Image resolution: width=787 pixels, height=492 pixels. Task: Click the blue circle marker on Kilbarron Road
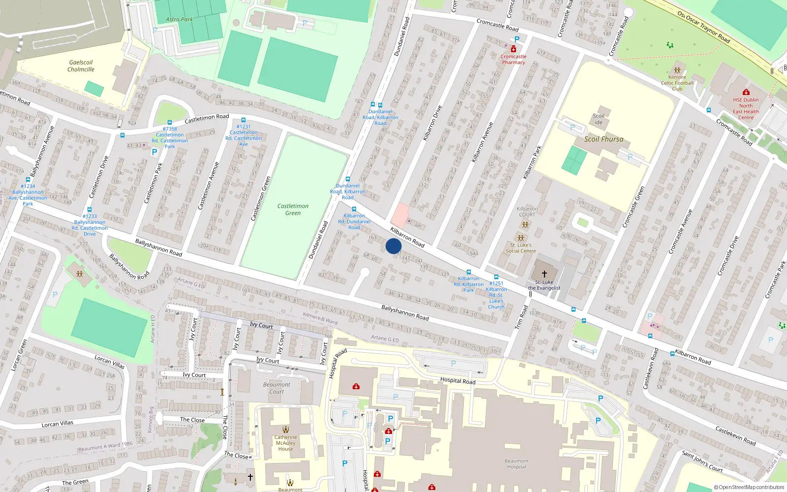393,246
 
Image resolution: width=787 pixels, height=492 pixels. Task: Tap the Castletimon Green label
293,210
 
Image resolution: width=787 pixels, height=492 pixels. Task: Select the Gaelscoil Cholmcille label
81,66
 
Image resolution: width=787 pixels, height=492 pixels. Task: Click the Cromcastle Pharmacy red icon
514,49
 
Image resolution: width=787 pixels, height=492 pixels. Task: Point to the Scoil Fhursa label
604,139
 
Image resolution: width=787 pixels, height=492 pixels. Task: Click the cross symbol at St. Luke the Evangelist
545,274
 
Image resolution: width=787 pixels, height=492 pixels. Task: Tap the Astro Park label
180,19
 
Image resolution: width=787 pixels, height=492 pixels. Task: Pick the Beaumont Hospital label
516,464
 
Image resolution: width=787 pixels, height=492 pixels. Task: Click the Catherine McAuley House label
285,443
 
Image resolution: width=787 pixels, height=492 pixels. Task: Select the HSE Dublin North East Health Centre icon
746,92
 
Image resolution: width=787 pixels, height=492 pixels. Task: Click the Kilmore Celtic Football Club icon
677,70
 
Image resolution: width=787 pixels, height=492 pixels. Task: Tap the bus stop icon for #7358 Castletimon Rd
170,123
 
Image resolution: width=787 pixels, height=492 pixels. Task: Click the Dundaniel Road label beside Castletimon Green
318,240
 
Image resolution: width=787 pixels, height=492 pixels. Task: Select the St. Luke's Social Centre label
520,247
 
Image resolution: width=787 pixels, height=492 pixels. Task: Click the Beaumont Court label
276,388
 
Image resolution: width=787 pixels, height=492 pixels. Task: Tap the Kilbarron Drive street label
433,123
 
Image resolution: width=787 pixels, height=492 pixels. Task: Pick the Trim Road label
521,317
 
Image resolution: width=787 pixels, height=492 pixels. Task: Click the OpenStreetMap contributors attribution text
749,488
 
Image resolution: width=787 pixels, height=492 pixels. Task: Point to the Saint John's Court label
702,461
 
